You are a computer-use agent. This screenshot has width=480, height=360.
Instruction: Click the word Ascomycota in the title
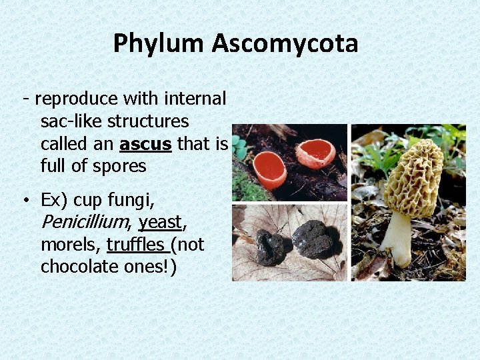(285, 44)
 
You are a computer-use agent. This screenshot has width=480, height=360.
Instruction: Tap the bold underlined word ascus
(146, 144)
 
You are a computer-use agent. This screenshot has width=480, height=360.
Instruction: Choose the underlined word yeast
(160, 221)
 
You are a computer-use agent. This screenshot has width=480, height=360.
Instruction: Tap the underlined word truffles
(136, 245)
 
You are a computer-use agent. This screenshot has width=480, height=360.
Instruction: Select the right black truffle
(312, 239)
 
